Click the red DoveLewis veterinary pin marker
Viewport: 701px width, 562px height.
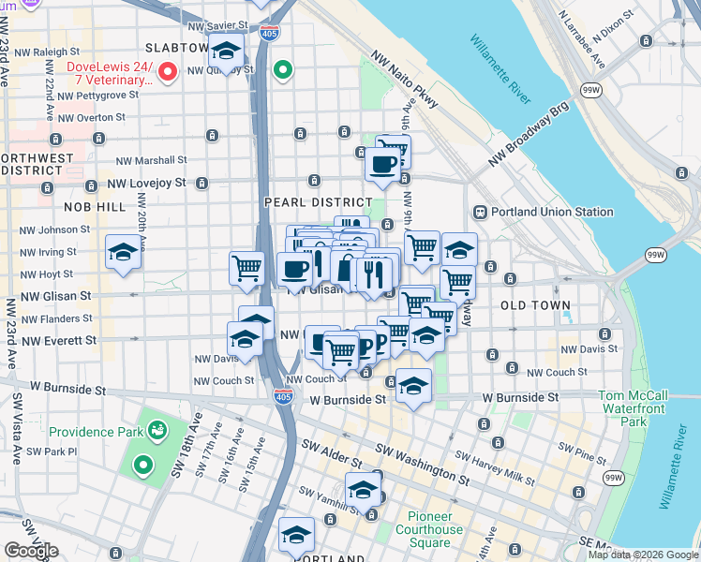coord(169,70)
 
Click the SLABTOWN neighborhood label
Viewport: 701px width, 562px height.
coord(176,48)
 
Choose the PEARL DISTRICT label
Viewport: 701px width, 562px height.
coord(319,202)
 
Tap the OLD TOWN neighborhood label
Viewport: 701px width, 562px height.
coord(535,306)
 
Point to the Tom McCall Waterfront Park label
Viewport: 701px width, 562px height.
coord(633,409)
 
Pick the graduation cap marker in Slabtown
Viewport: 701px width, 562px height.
coord(226,51)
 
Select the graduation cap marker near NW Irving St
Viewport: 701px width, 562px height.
coord(123,253)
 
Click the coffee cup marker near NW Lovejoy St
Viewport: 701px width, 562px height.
coord(382,165)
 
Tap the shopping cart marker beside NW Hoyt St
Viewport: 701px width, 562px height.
coord(246,268)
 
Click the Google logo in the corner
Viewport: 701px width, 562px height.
coord(32,551)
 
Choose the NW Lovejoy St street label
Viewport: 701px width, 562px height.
coord(146,184)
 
